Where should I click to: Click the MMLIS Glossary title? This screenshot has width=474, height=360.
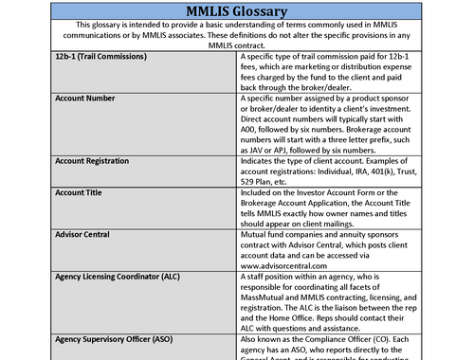point(237,10)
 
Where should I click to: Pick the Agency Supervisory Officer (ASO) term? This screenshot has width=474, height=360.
point(125,338)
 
